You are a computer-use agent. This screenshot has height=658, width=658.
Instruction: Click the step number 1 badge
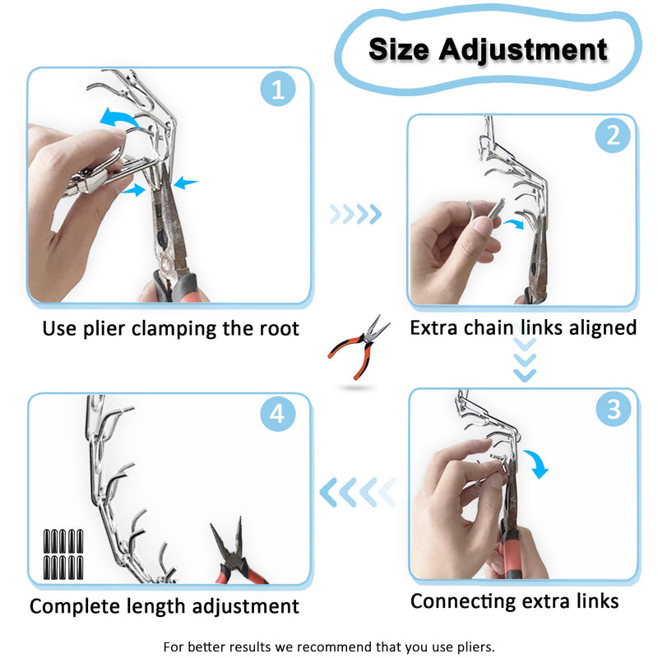tap(278, 89)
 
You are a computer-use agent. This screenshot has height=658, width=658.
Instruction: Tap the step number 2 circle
tap(613, 135)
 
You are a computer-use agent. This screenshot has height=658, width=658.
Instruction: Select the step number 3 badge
tap(614, 408)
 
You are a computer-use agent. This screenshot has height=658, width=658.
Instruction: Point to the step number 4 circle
tap(278, 414)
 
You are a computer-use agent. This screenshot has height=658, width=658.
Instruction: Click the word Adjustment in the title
tap(523, 50)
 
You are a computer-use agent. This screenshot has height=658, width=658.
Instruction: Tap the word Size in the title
tap(399, 49)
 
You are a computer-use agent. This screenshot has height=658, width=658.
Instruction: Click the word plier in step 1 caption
tap(104, 328)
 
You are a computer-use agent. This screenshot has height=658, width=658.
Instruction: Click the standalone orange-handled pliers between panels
tap(358, 348)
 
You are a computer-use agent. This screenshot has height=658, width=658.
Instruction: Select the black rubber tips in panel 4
tap(63, 554)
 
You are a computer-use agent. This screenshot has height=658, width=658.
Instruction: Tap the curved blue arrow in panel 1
tap(119, 117)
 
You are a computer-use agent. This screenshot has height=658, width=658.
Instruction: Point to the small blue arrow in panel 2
tap(514, 223)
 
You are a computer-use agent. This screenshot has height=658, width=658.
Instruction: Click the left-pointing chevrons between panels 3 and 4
tap(358, 492)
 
